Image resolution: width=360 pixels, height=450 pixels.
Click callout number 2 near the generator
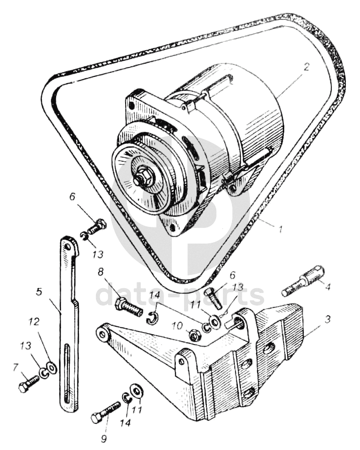click(x=306, y=68)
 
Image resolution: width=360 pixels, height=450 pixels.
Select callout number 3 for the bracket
click(x=327, y=319)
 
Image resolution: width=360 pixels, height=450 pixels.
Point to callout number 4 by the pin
click(x=327, y=287)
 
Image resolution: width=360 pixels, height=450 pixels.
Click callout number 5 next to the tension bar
click(x=39, y=292)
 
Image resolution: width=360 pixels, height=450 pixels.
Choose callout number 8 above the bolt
click(x=100, y=272)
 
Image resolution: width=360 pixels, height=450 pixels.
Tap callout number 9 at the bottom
click(x=103, y=439)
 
